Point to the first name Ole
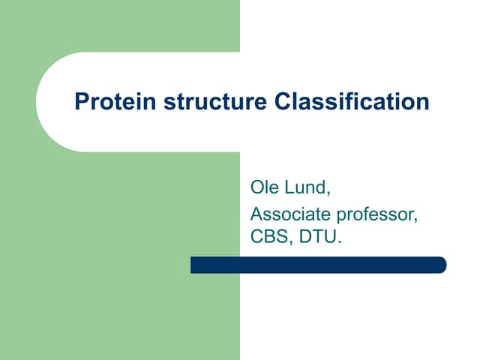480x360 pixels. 265,187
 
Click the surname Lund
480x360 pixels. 307,187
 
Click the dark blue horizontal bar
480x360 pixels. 318,265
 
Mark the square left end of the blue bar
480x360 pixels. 193,265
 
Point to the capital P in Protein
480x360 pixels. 81,101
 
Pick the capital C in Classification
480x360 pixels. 281,101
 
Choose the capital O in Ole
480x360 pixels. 256,187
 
